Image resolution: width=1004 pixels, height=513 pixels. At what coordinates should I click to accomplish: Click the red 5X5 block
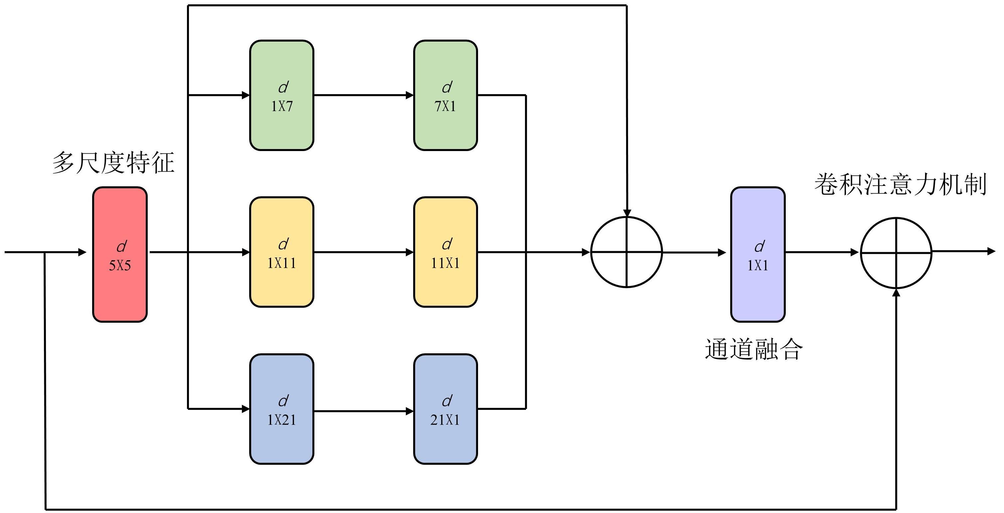120,255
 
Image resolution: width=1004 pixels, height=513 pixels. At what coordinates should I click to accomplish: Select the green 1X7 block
281,95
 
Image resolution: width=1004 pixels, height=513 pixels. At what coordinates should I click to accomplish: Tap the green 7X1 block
445,95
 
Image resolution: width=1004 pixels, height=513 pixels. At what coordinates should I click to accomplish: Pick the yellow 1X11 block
281,252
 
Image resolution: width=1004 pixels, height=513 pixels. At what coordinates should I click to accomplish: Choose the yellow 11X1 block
445,252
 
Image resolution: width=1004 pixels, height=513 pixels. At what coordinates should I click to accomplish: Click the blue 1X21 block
281,409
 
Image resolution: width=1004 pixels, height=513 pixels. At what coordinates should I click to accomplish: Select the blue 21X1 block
445,409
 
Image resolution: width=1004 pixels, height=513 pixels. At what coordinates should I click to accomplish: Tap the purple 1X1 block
757,255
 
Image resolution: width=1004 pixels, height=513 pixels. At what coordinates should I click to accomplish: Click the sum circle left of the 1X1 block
626,252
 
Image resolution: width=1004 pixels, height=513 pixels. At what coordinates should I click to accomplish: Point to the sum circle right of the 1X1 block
896,253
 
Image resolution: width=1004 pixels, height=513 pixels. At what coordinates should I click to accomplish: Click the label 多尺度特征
113,163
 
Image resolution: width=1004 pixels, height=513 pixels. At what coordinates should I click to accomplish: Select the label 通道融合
753,349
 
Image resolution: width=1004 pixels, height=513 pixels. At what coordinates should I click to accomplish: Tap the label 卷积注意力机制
900,184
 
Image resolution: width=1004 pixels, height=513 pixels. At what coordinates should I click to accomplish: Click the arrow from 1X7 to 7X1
363,95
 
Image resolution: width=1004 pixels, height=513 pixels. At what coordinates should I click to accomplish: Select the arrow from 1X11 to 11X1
363,252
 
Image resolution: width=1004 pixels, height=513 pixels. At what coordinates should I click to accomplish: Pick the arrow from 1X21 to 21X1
363,411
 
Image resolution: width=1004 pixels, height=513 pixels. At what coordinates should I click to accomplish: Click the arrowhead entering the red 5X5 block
82,252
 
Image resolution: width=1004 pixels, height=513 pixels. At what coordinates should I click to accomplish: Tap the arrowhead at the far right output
991,252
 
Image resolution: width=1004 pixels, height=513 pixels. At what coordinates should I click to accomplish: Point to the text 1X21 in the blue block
281,420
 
